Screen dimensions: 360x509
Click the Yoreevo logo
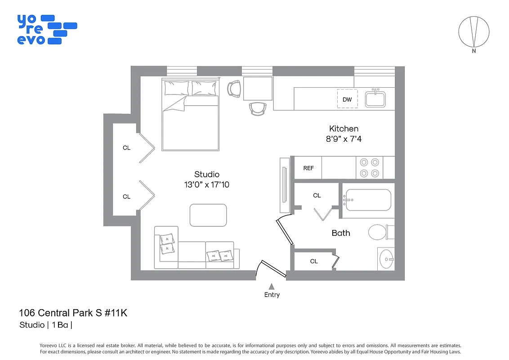click(x=46, y=29)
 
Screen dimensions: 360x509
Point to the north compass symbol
click(x=473, y=32)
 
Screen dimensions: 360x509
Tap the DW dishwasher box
click(x=347, y=99)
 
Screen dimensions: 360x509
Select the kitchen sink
click(x=375, y=99)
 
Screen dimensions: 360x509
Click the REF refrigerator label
click(x=308, y=168)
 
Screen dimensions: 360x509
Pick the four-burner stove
click(x=370, y=167)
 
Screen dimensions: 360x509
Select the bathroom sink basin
click(x=386, y=259)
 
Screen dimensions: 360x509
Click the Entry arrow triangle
click(x=272, y=286)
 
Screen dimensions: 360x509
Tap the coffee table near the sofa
click(x=208, y=215)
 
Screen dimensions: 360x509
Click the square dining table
click(x=258, y=88)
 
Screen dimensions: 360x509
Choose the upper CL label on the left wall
click(x=126, y=148)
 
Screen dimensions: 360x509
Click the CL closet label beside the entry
click(x=314, y=261)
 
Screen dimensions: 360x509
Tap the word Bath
click(x=340, y=233)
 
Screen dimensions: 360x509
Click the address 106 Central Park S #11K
click(x=73, y=313)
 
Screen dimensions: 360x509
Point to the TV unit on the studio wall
click(x=284, y=185)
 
